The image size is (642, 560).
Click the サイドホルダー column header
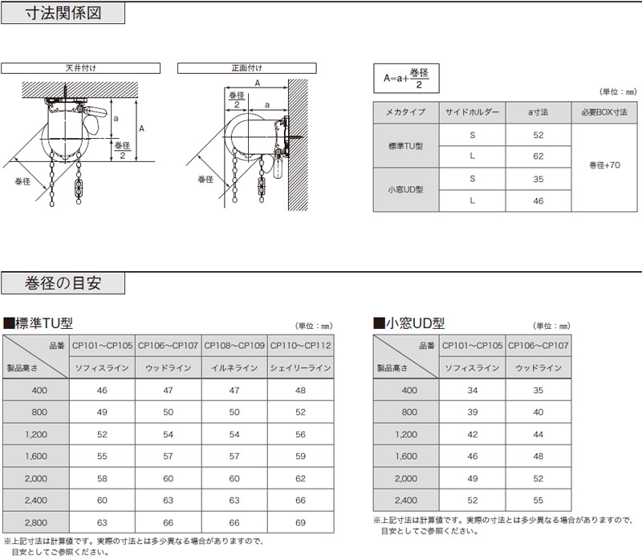coord(473,112)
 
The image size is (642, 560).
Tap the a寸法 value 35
coord(538,177)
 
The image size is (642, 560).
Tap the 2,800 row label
coord(37,522)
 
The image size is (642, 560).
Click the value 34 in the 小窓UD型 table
coord(472,390)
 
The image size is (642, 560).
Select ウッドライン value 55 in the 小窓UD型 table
coord(538,500)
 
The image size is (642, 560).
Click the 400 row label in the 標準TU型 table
coord(37,390)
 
